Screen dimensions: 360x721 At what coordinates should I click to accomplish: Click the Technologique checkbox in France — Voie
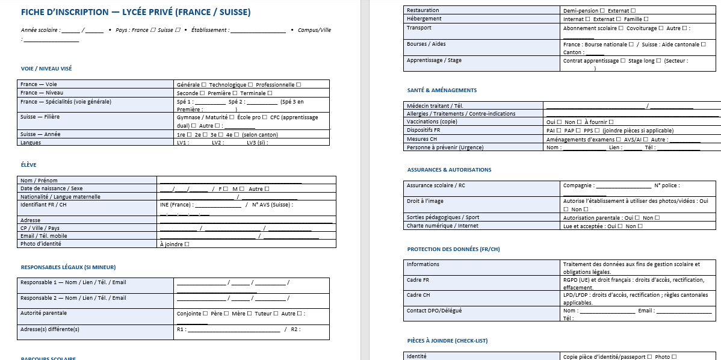[x=250, y=85]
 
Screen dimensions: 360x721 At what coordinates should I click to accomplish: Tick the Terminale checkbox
[x=270, y=93]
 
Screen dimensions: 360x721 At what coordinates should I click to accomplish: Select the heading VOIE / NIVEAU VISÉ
[x=46, y=69]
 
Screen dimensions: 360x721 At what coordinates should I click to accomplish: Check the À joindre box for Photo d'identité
[x=187, y=244]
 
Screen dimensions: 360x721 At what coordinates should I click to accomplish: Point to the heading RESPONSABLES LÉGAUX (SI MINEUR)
[x=68, y=267]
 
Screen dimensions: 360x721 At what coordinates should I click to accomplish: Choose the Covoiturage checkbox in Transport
[x=661, y=28]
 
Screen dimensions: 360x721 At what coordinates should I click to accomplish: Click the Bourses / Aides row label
[x=426, y=44]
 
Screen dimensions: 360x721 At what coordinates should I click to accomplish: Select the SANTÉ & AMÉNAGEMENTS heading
[x=442, y=90]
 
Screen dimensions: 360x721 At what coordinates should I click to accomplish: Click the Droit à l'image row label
[x=425, y=201]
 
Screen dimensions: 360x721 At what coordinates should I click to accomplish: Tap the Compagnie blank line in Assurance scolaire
[x=624, y=186]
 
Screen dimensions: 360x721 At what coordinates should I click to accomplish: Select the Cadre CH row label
[x=418, y=295]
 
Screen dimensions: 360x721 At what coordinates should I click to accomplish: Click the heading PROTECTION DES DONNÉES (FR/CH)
[x=453, y=249]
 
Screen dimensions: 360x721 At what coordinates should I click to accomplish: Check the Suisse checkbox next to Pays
[x=178, y=30]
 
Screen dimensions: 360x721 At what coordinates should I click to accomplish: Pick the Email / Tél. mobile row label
[x=44, y=236]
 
